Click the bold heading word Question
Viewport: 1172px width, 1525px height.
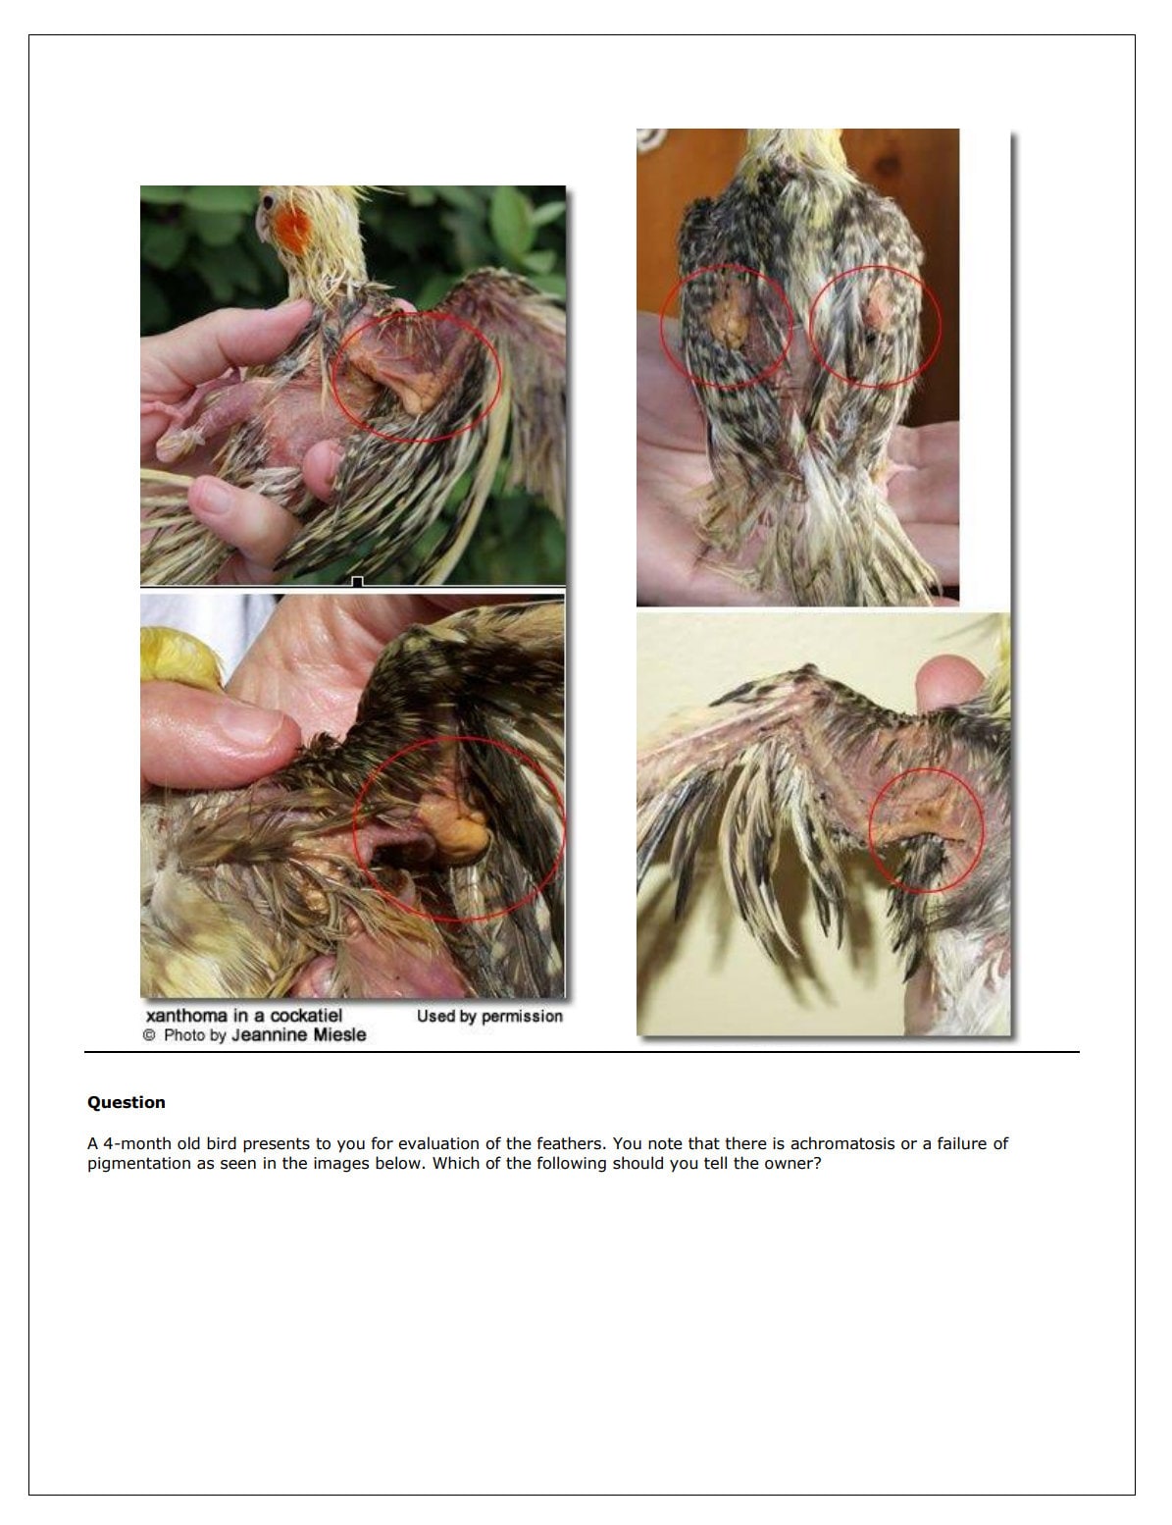coord(127,1102)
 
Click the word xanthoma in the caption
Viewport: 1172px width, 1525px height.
coord(186,1016)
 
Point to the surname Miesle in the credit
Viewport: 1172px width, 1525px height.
coord(339,1035)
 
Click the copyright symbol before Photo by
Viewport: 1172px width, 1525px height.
coord(149,1035)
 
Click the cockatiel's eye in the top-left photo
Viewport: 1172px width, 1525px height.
coord(268,203)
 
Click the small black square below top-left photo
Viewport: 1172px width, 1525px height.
coord(357,582)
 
